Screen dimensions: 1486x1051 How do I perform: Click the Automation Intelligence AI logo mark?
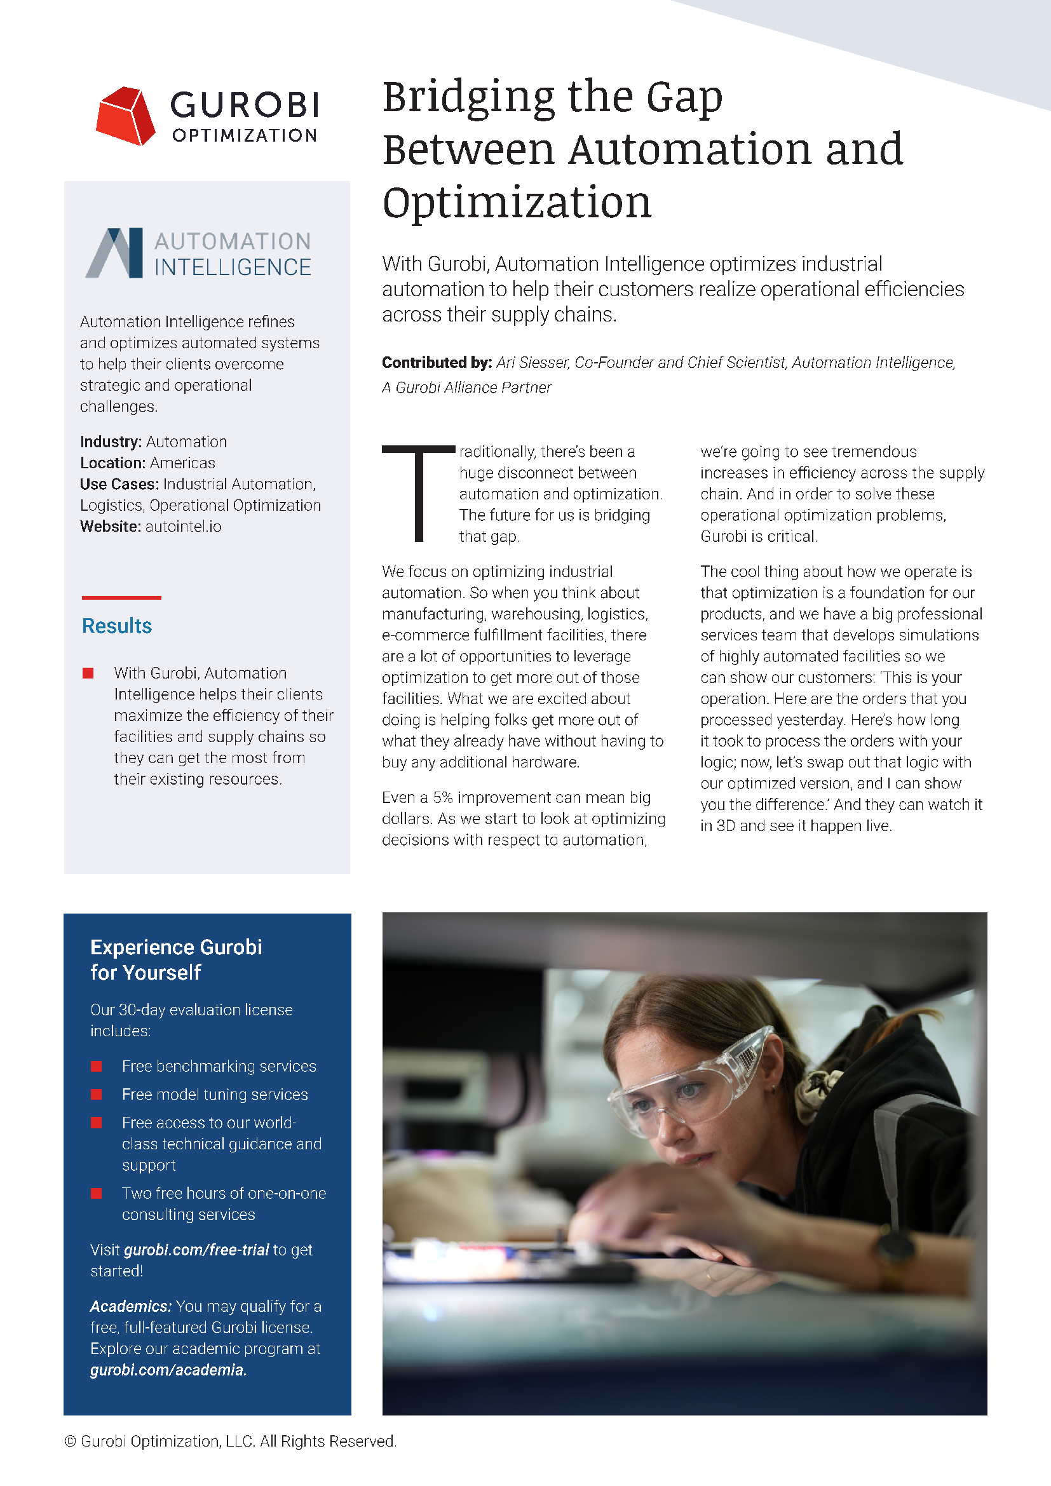(114, 253)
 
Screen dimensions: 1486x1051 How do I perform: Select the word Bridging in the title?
(468, 98)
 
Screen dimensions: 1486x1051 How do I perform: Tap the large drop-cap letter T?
(419, 492)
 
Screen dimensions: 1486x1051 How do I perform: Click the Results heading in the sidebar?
(117, 626)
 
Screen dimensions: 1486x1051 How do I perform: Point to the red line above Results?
(121, 597)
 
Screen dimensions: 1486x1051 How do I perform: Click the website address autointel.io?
(183, 527)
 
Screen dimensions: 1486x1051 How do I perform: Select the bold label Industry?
(111, 442)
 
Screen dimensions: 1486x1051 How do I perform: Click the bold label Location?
(112, 463)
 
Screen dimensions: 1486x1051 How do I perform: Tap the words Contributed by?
(437, 362)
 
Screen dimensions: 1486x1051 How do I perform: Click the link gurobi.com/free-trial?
(196, 1250)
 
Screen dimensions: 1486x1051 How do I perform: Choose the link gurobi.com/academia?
(168, 1370)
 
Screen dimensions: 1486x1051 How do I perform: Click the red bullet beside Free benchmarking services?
(97, 1066)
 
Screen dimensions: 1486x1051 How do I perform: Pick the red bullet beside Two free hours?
(97, 1193)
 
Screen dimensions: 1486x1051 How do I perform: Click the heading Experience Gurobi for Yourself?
(176, 960)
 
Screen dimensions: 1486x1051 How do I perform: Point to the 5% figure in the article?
(443, 797)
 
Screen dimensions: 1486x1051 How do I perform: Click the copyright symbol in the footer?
(70, 1442)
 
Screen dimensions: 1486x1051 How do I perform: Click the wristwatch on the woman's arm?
(897, 1246)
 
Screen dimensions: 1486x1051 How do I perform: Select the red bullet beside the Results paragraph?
(88, 673)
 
